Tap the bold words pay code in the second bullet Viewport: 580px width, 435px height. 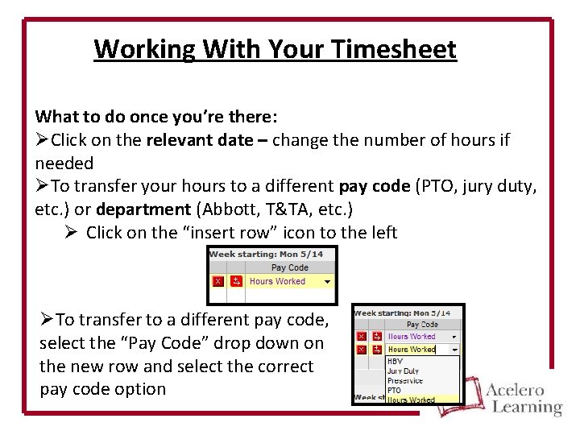coord(374,186)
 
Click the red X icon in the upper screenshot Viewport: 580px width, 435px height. coord(217,282)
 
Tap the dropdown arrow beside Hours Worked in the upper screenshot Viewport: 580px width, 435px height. coord(328,282)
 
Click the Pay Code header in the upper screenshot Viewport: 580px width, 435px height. coord(289,268)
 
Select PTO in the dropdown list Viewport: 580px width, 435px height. coord(394,390)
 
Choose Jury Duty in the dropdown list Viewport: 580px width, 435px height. coord(403,371)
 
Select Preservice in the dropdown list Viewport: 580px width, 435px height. coord(405,380)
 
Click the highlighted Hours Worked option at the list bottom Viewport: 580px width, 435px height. coord(411,400)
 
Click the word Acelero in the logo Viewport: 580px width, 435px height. coord(515,390)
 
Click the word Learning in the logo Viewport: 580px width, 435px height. coord(527,407)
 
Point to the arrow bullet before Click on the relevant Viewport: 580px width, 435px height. coord(42,140)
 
